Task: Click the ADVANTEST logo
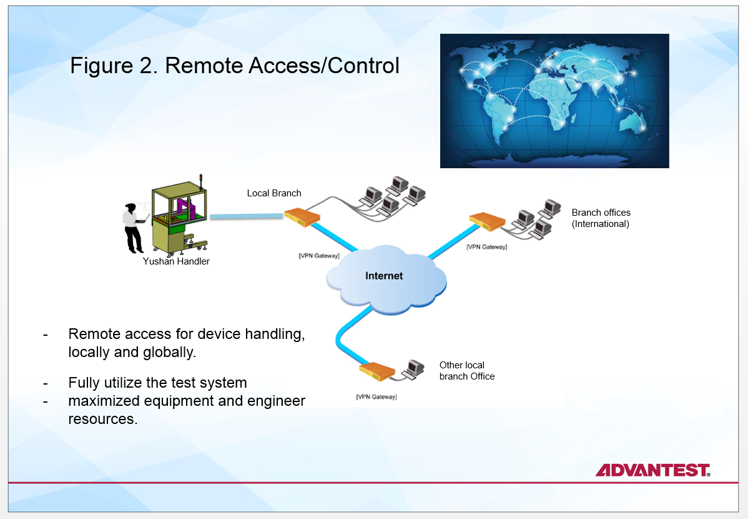(x=652, y=470)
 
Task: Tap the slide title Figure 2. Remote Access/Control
(x=234, y=66)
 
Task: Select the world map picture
(x=554, y=101)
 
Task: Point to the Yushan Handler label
(x=176, y=261)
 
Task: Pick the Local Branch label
(x=274, y=193)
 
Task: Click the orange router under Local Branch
(x=302, y=216)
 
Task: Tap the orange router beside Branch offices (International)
(x=487, y=220)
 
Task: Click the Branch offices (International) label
(x=601, y=218)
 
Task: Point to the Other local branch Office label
(x=466, y=371)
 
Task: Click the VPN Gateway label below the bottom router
(x=376, y=397)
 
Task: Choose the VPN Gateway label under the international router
(x=486, y=247)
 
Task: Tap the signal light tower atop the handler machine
(x=202, y=181)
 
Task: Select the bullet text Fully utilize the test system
(x=157, y=383)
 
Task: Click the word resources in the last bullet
(x=102, y=419)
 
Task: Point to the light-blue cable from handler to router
(x=247, y=216)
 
